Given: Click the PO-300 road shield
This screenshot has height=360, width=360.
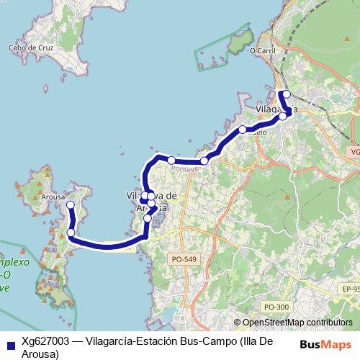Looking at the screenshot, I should click(x=276, y=307).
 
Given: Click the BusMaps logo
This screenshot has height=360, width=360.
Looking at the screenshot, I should click(x=325, y=343).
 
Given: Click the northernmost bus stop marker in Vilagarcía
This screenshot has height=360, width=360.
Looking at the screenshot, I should click(x=287, y=94).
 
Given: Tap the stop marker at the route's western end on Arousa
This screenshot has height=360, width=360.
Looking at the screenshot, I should click(x=71, y=205).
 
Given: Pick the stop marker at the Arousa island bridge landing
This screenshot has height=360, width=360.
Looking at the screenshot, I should click(x=71, y=233).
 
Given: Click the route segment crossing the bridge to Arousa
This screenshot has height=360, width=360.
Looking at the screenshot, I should click(x=108, y=246).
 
